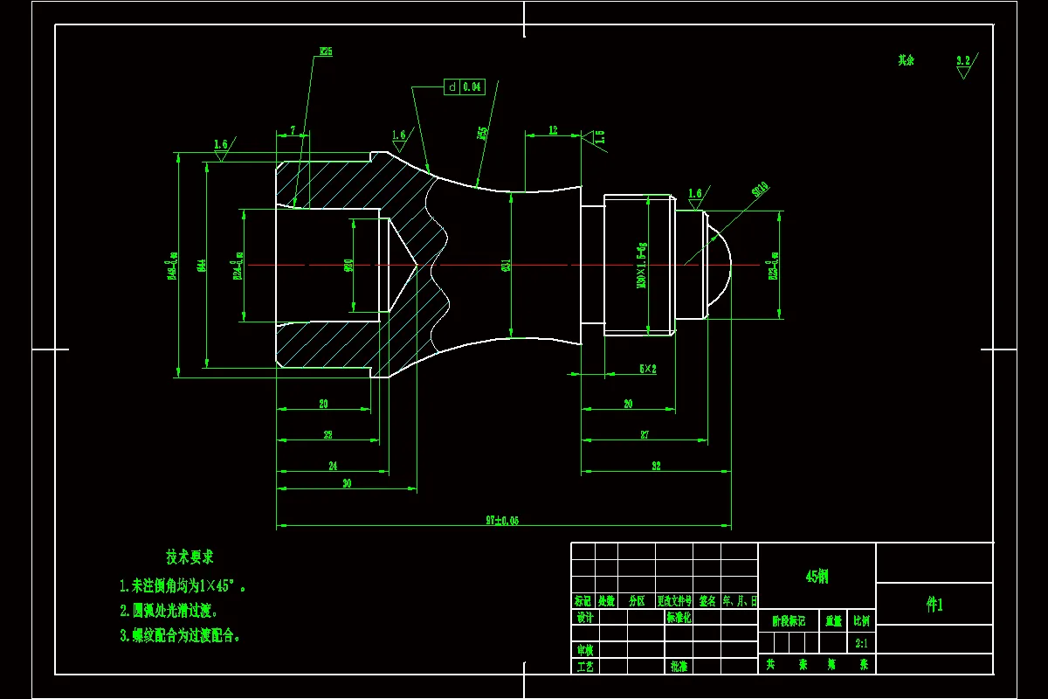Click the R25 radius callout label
325,52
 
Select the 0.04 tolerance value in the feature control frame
472,87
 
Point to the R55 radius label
482,134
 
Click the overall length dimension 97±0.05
502,521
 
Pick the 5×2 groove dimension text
647,370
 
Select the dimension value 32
656,466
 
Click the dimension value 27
645,434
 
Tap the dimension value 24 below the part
332,467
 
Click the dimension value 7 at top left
293,130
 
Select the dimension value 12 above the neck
552,130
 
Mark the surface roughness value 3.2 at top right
963,61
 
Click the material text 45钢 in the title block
817,577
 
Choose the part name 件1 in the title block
934,605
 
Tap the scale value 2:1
861,643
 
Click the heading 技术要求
190,557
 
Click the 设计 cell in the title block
584,618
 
